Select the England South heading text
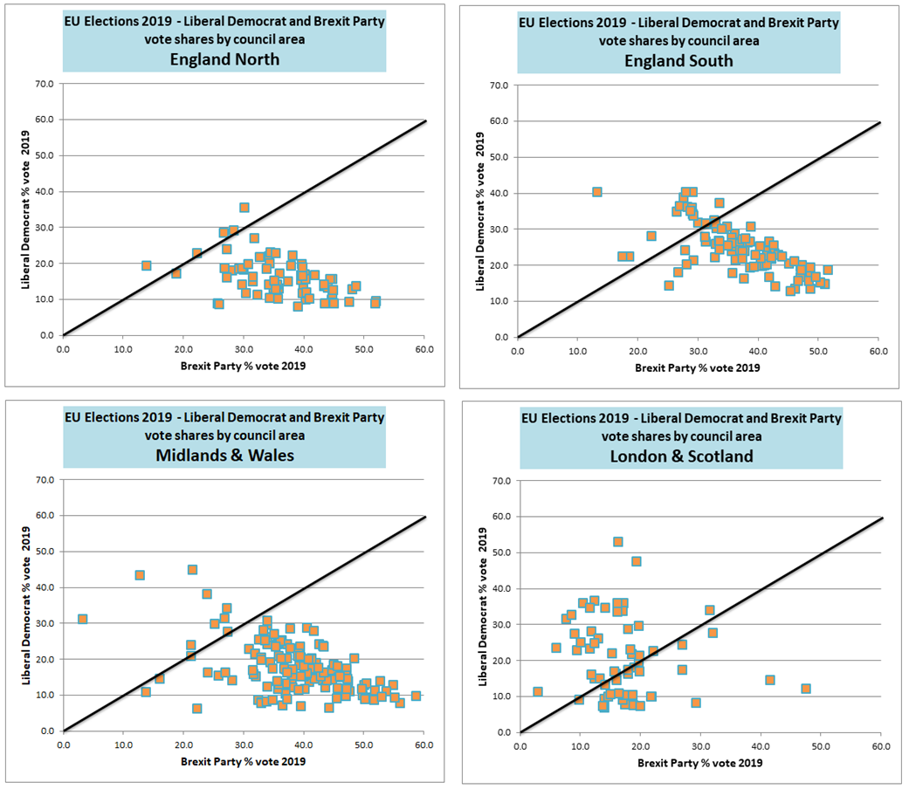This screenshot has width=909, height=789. coord(678,60)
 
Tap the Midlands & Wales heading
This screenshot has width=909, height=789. coord(224,455)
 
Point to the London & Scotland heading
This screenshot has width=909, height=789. coord(680,456)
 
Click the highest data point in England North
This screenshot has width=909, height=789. coord(244,208)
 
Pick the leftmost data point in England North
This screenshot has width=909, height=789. coord(147,265)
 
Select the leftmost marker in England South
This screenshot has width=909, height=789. coord(597,192)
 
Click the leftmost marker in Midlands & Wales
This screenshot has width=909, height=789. coord(83,619)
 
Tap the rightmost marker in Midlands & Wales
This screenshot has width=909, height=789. coord(416,696)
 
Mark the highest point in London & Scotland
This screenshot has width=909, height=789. coord(618,542)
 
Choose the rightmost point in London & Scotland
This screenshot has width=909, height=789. coord(806,689)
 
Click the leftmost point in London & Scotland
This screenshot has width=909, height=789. coord(538,691)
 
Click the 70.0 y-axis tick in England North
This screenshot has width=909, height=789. coord(43,84)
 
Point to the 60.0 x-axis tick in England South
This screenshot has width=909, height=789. coord(878,350)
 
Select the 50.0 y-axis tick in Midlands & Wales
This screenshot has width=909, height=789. coord(43,552)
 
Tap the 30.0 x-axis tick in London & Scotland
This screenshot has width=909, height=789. coord(700,745)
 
